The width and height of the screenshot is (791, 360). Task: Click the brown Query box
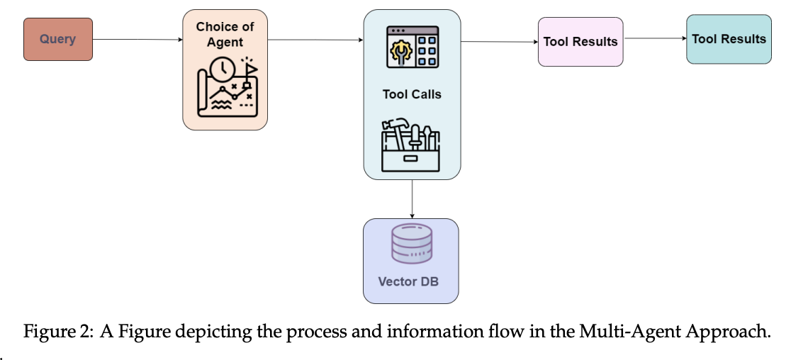pyautogui.click(x=58, y=39)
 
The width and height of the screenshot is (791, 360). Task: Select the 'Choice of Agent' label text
pyautogui.click(x=225, y=34)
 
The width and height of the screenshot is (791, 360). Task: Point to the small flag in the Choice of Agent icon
pyautogui.click(x=249, y=68)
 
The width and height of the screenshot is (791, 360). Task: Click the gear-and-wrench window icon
pyautogui.click(x=412, y=48)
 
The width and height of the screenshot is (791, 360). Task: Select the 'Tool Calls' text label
pyautogui.click(x=412, y=94)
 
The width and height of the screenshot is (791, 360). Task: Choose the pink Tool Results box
pyautogui.click(x=580, y=42)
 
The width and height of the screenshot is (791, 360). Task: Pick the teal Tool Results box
pyautogui.click(x=729, y=39)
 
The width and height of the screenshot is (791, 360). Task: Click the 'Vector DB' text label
pyautogui.click(x=408, y=281)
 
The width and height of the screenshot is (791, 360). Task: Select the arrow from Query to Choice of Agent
pyautogui.click(x=138, y=40)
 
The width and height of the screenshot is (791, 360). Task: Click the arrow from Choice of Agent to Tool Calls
pyautogui.click(x=315, y=40)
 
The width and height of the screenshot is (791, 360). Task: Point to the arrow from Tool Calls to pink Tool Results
pyautogui.click(x=499, y=42)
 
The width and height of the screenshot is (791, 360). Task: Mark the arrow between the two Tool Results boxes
pyautogui.click(x=654, y=39)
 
